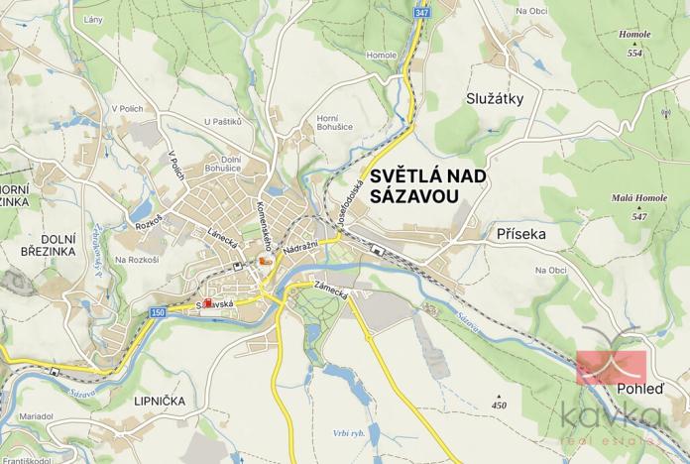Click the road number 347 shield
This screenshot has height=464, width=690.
tap(422, 12)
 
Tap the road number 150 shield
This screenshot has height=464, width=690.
tap(158, 312)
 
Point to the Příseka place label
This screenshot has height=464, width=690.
tap(519, 234)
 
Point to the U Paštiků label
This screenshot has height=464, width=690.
tap(222, 121)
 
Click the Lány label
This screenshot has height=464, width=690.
tap(94, 19)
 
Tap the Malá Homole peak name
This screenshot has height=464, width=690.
tap(637, 199)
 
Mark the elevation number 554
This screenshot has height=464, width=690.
tap(634, 52)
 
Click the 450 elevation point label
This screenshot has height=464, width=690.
tap(499, 405)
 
